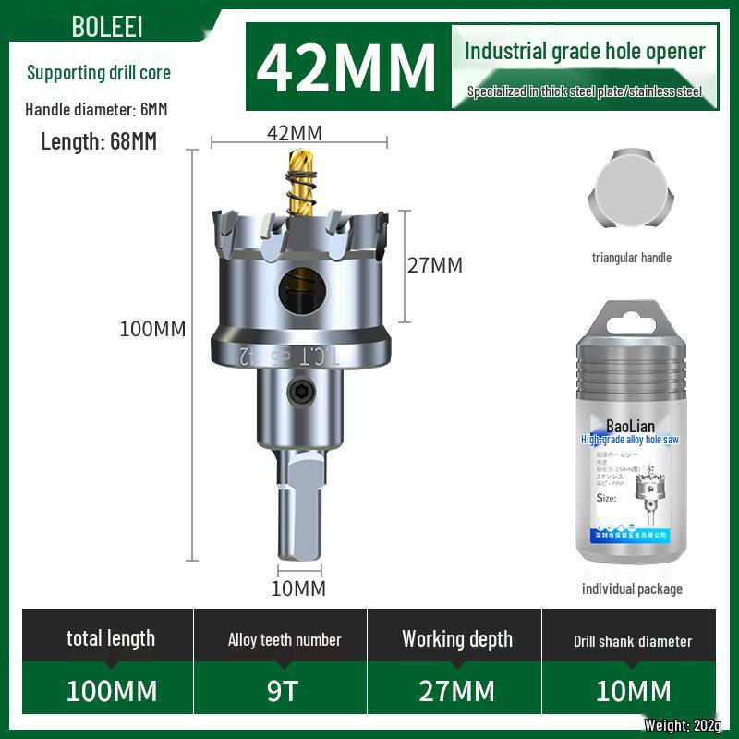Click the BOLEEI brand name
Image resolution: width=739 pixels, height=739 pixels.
point(107,27)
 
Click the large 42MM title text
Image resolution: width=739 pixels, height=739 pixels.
point(346,66)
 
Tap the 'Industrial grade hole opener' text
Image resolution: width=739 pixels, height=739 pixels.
point(585,51)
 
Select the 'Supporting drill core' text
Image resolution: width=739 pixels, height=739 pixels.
point(99,72)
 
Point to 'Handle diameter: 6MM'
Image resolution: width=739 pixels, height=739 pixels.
point(96,109)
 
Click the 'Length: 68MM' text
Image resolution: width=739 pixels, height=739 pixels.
point(99,141)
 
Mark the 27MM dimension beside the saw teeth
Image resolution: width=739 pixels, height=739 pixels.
point(435,265)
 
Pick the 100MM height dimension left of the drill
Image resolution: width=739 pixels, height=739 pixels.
point(152,329)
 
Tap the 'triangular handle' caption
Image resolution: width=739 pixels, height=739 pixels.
point(632,258)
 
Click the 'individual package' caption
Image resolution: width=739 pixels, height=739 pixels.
point(632,588)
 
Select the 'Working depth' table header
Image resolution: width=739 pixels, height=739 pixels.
point(456,639)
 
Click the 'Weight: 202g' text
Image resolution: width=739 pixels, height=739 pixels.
point(683,725)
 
